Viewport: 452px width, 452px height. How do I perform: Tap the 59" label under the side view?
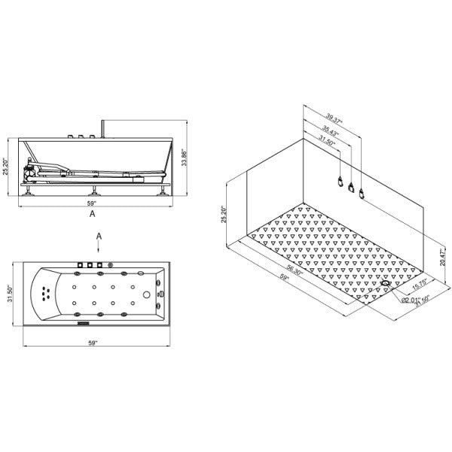coord(92,203)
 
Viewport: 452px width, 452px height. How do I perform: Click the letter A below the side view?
coord(92,214)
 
